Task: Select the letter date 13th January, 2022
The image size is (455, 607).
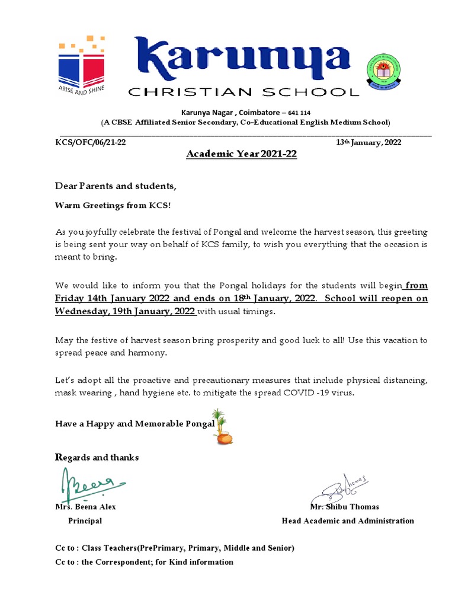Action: (x=369, y=143)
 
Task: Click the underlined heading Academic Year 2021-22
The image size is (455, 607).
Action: (x=242, y=155)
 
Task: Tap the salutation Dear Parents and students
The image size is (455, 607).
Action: (x=116, y=186)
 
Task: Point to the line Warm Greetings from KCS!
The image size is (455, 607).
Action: (x=113, y=206)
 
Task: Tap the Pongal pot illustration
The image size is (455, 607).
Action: (x=223, y=427)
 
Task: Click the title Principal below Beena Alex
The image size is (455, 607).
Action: (x=85, y=521)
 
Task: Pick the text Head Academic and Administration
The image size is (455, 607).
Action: (x=347, y=521)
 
